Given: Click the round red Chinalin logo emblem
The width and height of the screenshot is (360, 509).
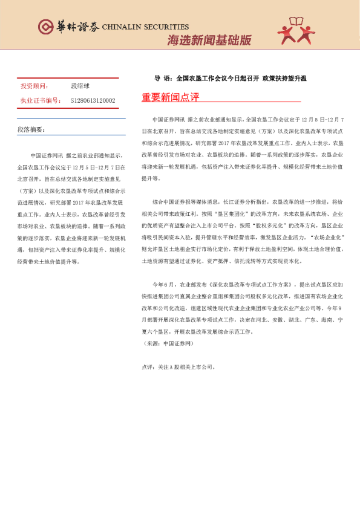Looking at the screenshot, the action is tap(45, 27).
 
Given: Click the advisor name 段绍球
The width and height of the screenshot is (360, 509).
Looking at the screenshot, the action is tap(80, 86).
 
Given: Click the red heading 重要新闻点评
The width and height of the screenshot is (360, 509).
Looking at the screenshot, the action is tap(170, 97).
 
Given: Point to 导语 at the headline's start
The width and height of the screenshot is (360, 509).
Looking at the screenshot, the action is tap(162, 78).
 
